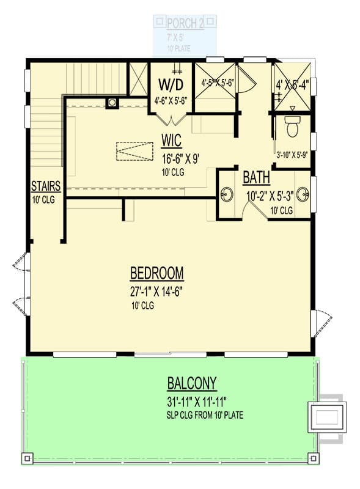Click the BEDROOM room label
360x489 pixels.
[157, 273]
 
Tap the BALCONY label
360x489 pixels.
[192, 384]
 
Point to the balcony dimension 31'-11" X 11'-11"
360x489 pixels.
[192, 402]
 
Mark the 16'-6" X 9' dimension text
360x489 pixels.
[172, 159]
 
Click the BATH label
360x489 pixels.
[256, 178]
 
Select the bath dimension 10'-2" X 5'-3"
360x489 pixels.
[269, 197]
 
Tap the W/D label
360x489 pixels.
[171, 83]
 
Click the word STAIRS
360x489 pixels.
[45, 186]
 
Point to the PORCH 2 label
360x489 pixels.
[185, 24]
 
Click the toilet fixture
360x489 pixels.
[292, 128]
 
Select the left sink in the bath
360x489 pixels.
[227, 194]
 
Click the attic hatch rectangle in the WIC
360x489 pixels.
[134, 151]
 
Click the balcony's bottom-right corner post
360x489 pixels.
[313, 457]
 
